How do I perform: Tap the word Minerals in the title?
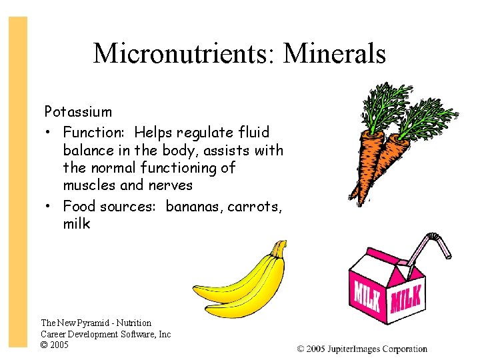[334, 53]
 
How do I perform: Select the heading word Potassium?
[78, 111]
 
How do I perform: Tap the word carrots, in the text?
[255, 205]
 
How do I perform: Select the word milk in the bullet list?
[76, 224]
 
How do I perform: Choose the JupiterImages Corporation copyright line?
[362, 349]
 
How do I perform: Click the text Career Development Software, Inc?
[105, 334]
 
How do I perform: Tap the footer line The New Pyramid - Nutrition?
[96, 323]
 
